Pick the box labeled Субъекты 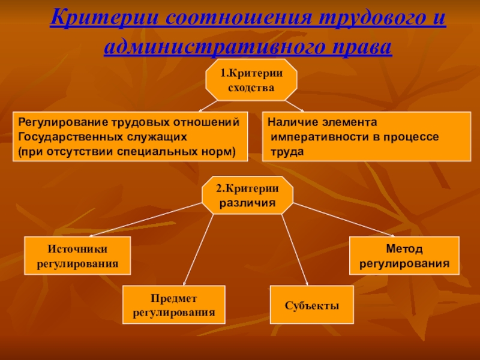(312, 305)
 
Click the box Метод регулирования (404, 256)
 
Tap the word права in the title (359, 47)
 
